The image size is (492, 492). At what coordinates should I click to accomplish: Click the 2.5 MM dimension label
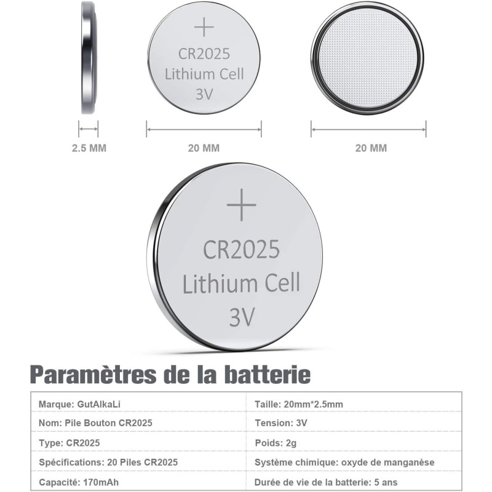(88, 148)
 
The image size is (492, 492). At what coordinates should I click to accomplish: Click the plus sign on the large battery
(241, 205)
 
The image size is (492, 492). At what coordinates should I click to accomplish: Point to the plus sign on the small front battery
(203, 27)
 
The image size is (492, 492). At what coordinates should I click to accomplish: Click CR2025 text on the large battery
(241, 249)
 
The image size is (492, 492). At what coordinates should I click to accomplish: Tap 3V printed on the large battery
(241, 317)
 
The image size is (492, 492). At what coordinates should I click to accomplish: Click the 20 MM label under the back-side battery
(371, 148)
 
